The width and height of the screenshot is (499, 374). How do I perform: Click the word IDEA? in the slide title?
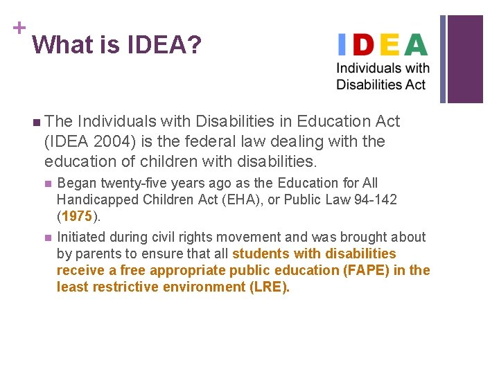coord(164,46)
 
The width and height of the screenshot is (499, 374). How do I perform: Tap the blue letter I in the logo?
coord(340,45)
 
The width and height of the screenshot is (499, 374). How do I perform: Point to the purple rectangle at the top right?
coord(464,59)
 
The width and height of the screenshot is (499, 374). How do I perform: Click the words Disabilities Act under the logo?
coord(380,84)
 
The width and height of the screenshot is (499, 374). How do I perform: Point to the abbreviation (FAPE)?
coord(366,270)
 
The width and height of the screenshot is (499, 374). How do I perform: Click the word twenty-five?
coord(129,184)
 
